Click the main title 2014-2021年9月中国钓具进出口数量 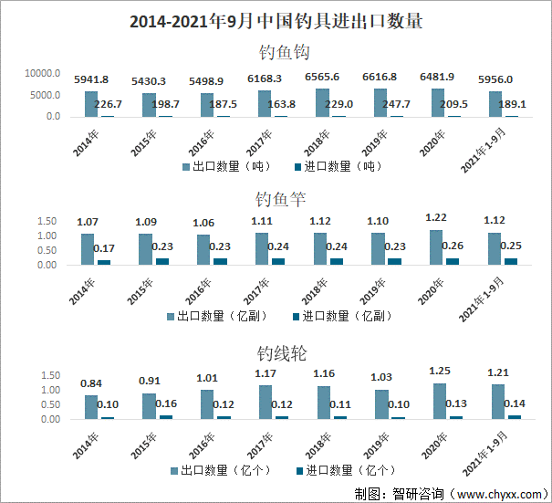pos(276,20)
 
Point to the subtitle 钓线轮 pos(276,353)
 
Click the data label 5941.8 pos(91,79)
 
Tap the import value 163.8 pos(280,104)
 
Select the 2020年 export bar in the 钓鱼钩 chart pos(436,102)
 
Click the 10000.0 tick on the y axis pos(43,73)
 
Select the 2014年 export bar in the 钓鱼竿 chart pos(88,249)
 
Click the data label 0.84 pos(91,382)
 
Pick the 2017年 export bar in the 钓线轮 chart pos(265,402)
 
